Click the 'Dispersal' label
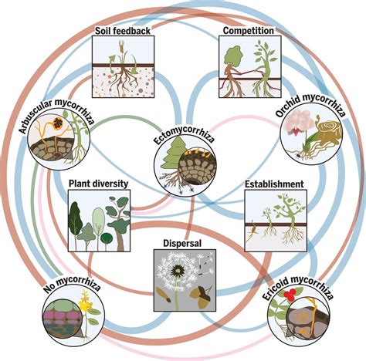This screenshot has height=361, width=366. click(x=181, y=241)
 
